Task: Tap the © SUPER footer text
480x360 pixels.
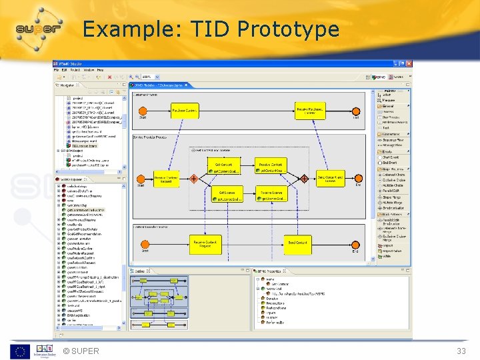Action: (x=81, y=351)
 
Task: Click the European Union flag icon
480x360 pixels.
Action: (x=19, y=351)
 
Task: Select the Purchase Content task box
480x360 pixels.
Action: (x=185, y=110)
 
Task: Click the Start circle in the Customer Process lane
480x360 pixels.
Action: (x=143, y=110)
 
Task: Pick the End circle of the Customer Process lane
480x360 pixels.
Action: (x=355, y=110)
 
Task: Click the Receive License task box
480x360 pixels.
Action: (x=271, y=194)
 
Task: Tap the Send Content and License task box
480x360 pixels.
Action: (x=329, y=179)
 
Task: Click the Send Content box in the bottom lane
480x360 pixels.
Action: (x=297, y=244)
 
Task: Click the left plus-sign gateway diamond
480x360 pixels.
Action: (x=193, y=179)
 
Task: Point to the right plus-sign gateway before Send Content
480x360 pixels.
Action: (x=304, y=179)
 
